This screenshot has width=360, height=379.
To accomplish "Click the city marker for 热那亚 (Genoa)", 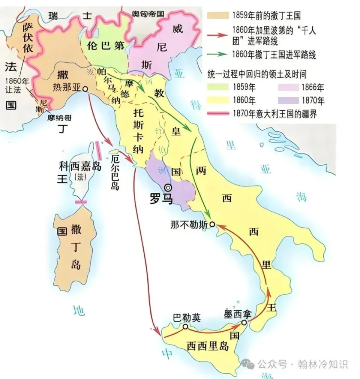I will pos(85,89).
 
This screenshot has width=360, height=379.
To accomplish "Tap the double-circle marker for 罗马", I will pos(168,188).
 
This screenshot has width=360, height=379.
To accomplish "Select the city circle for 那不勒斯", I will pos(212,224).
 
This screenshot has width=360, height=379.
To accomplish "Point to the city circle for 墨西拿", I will pos(244,322).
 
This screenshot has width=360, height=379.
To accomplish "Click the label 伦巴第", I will pos(105,47).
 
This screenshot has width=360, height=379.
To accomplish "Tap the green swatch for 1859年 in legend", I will pos(218,87).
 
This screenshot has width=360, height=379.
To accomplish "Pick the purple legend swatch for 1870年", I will pos(289,100).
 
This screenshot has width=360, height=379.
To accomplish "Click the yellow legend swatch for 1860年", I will pos(218,100).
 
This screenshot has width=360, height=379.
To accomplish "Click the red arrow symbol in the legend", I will pos(218,35).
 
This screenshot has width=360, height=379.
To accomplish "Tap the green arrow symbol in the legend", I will pos(218,54).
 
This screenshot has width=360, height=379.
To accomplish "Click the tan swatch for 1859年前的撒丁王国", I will pos(218,15).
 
